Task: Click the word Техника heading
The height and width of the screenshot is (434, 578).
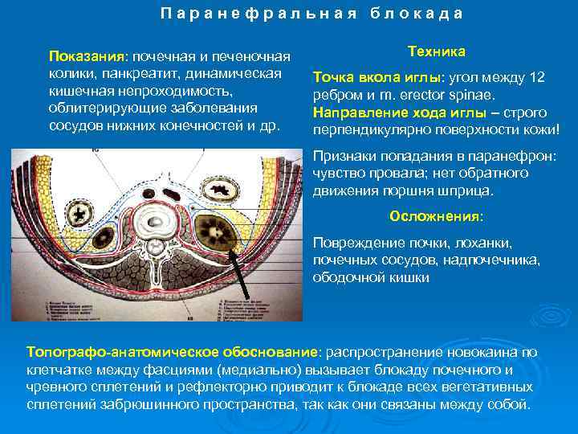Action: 436,51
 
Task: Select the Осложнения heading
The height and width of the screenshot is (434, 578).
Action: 436,216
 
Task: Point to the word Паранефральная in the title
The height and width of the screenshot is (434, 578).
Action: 256,14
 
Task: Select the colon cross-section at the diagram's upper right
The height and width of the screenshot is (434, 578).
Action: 216,192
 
